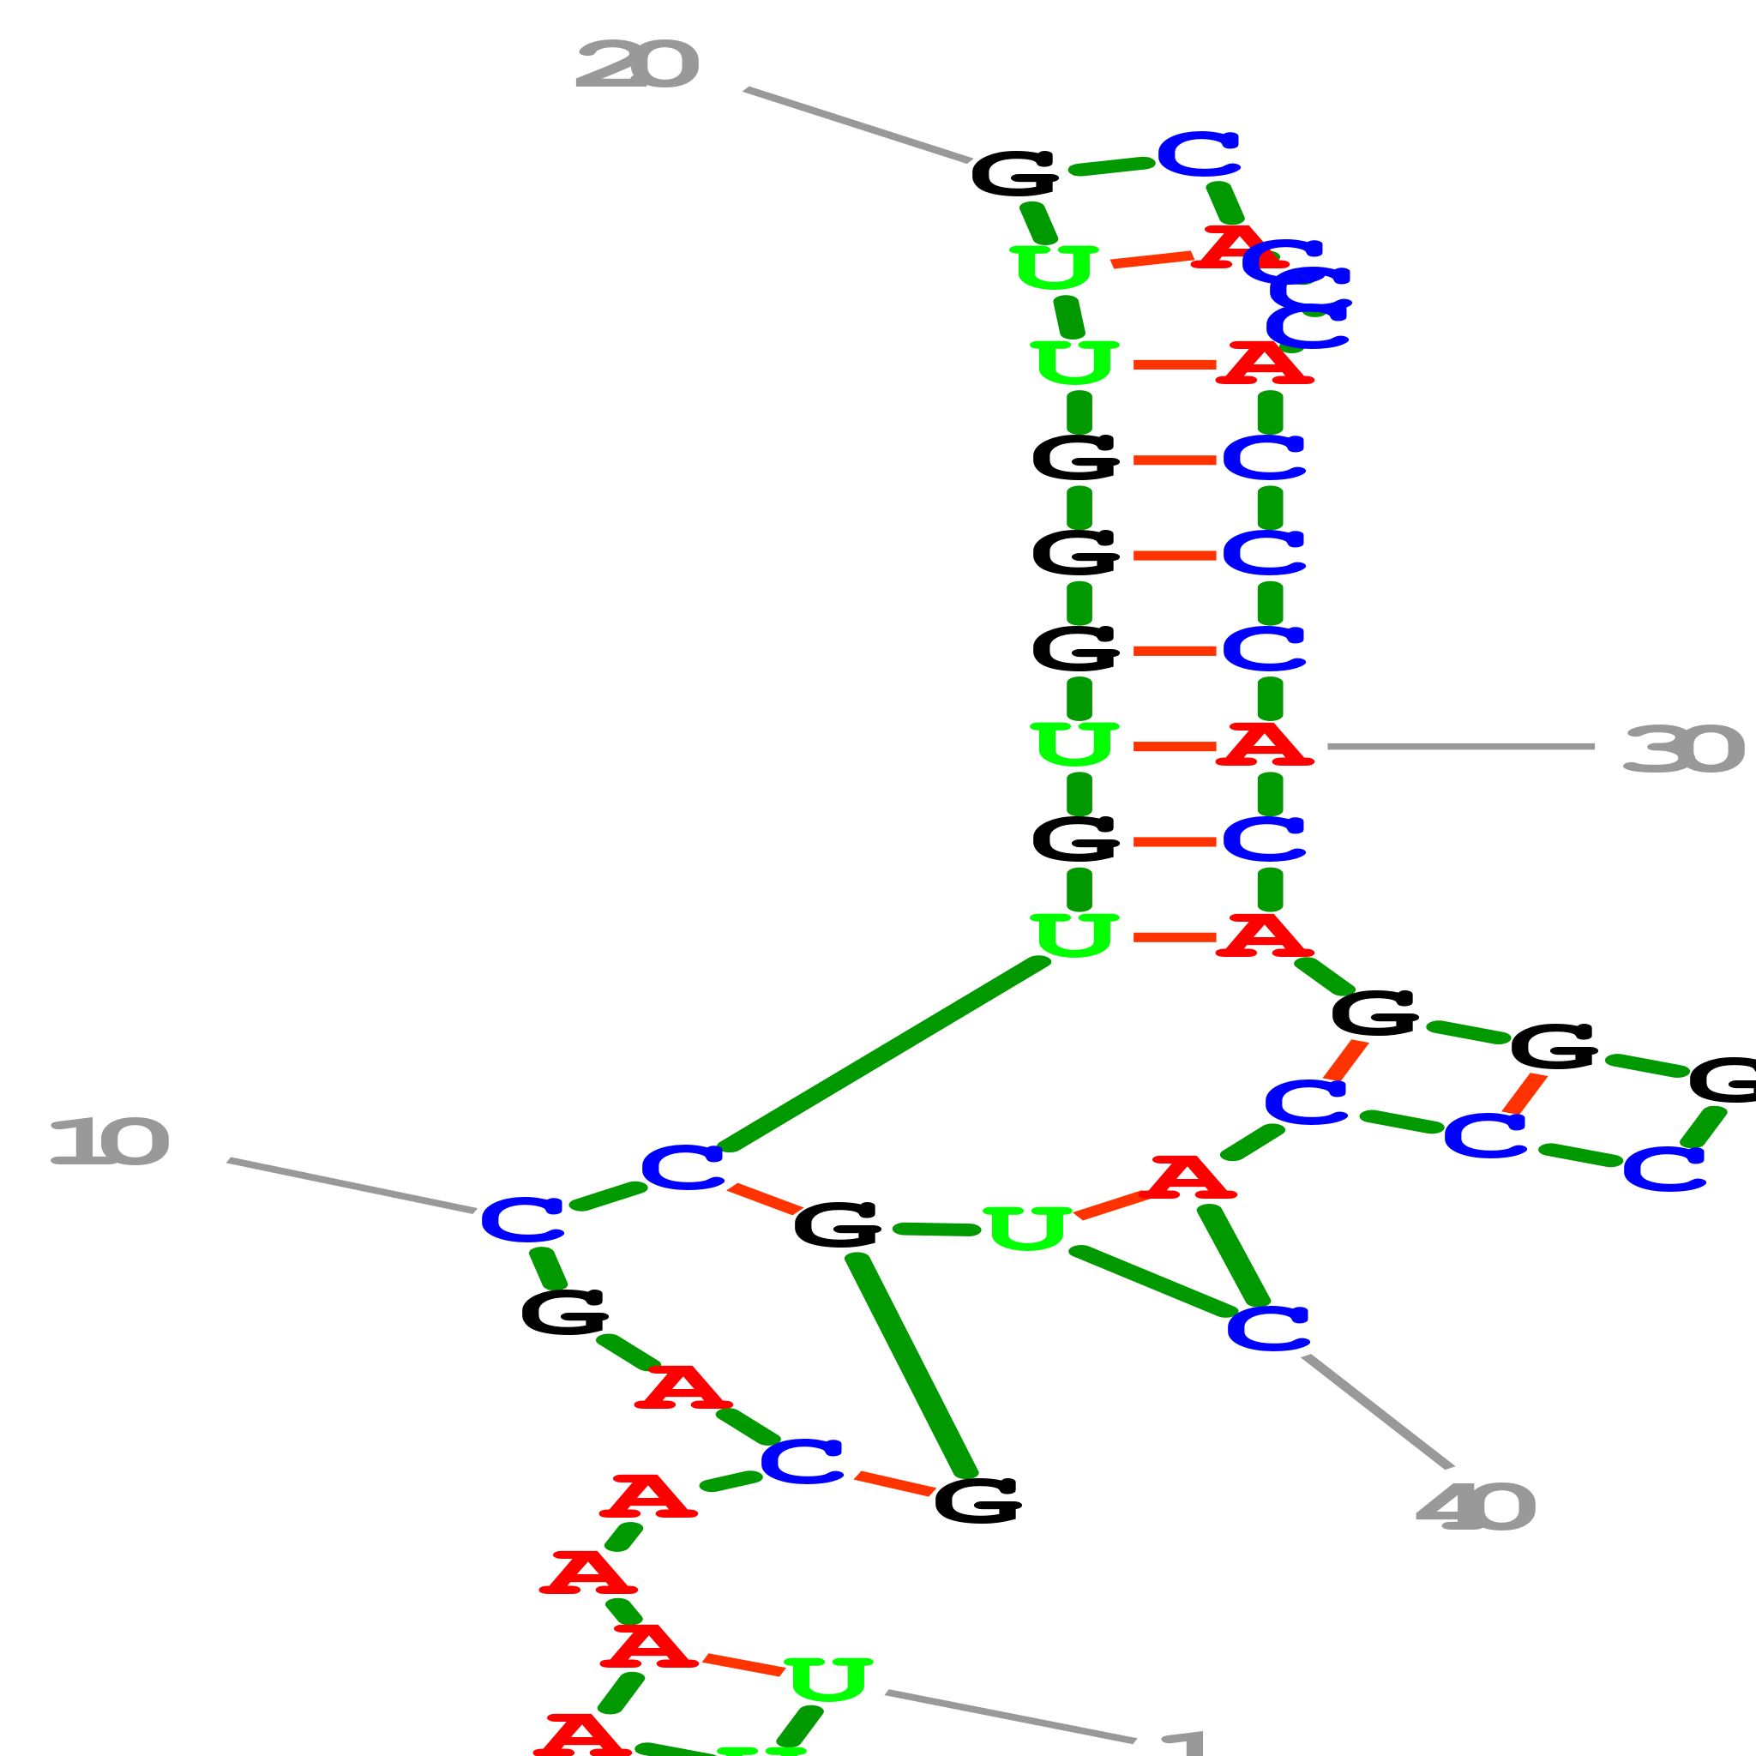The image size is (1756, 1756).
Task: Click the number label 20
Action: (x=636, y=65)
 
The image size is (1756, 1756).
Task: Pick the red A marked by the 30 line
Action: (x=1265, y=744)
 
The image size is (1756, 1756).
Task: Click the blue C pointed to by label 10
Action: (x=523, y=1220)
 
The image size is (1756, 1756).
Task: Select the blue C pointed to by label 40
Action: (x=1267, y=1328)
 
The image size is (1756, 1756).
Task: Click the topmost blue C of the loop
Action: (x=1199, y=153)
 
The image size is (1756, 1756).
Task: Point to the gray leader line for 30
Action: (x=1459, y=746)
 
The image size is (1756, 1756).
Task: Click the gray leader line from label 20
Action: (x=857, y=124)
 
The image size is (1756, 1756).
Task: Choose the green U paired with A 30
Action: (x=1074, y=744)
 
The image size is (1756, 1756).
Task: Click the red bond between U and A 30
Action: (x=1175, y=746)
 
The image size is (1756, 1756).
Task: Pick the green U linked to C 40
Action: (x=1027, y=1228)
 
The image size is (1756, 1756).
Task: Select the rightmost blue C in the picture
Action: (x=1663, y=1169)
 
